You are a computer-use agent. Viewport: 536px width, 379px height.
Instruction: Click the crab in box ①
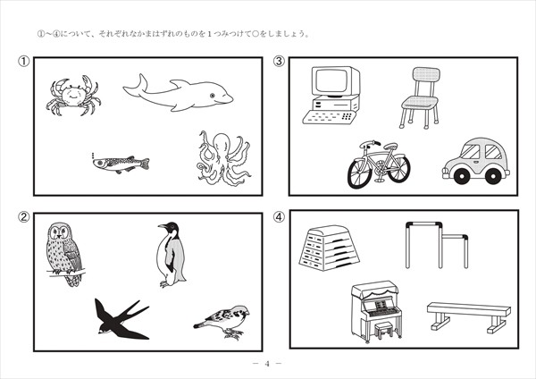73,95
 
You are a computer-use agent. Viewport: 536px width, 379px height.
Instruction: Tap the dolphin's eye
213,95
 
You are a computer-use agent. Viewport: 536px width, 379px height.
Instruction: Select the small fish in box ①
121,164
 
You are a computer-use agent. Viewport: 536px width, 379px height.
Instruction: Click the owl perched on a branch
63,254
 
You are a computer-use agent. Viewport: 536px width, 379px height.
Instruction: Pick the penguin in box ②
171,255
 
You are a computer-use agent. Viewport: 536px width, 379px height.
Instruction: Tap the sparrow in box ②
222,322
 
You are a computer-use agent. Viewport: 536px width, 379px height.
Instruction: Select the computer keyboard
330,117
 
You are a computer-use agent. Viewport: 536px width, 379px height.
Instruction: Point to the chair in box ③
420,97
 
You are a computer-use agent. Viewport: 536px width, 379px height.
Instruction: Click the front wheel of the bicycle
361,173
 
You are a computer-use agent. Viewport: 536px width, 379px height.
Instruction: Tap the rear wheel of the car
492,176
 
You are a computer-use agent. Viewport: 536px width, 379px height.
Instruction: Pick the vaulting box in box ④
329,248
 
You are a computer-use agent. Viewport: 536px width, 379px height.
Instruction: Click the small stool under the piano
384,329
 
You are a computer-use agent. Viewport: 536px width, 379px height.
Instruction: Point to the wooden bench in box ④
469,316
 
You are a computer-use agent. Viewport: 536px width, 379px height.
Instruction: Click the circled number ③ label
279,61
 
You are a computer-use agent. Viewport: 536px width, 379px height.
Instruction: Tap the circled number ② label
23,217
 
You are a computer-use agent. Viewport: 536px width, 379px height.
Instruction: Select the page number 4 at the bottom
267,364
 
